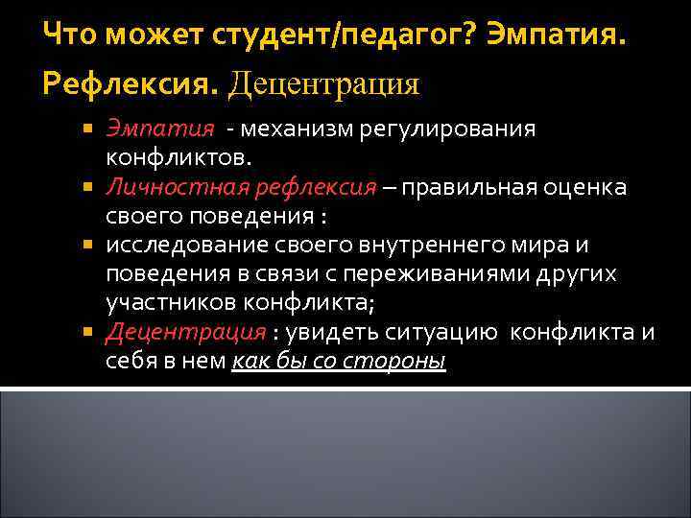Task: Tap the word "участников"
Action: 166,303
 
